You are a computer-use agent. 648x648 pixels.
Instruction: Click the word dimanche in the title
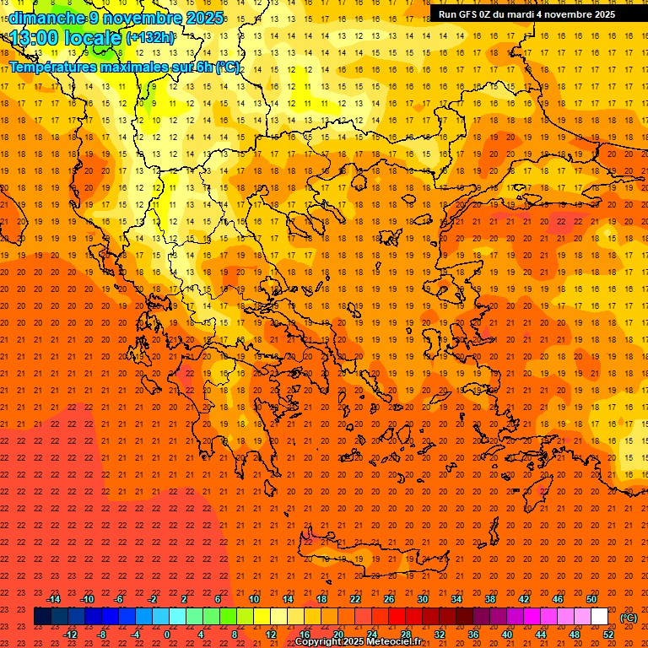[x=46, y=17]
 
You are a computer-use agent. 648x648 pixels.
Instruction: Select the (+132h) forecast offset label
[x=150, y=37]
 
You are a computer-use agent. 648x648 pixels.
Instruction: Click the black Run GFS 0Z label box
[x=526, y=14]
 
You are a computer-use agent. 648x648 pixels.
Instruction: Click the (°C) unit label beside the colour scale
[x=629, y=618]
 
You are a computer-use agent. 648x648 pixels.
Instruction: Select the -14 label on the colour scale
[x=53, y=599]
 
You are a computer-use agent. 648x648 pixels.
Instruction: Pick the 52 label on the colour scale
[x=608, y=634]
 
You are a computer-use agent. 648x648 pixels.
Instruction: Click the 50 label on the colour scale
[x=591, y=599]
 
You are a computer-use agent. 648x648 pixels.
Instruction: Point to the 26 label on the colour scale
[x=389, y=599]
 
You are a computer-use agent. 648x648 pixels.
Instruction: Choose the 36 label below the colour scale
[x=473, y=634]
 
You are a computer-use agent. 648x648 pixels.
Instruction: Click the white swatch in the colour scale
[x=599, y=617]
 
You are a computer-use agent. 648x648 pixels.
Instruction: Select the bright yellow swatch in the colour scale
[x=262, y=617]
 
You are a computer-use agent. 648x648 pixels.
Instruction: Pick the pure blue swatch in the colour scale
[x=110, y=617]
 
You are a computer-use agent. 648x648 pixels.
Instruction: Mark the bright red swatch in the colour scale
[x=397, y=617]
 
